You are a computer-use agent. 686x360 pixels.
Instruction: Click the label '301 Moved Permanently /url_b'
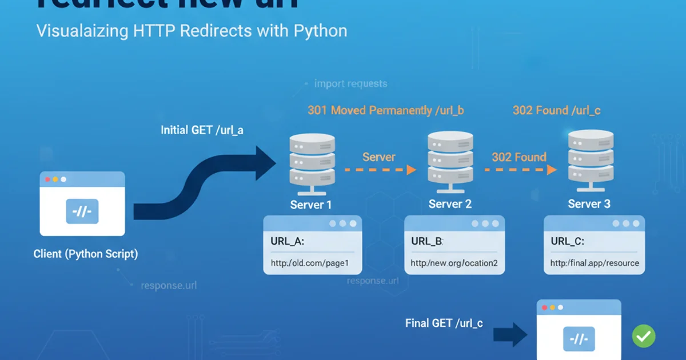[x=386, y=110]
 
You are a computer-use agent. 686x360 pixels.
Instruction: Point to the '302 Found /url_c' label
[x=556, y=110]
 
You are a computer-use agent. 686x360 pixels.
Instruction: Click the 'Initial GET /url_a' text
[x=202, y=130]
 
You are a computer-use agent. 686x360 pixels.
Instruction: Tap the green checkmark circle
[x=644, y=336]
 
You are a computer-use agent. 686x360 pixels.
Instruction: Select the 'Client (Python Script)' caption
[x=86, y=254]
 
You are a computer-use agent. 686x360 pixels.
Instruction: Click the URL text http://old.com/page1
[x=309, y=263]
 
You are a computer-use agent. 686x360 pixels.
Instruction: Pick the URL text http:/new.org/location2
[x=454, y=263]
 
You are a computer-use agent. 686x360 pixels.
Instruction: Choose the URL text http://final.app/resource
[x=595, y=263]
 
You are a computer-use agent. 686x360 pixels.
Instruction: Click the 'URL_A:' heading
[x=288, y=241]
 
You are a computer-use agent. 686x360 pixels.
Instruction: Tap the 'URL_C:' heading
[x=568, y=241]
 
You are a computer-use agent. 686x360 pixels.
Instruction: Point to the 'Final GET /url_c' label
[x=444, y=323]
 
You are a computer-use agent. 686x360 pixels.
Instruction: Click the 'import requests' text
[x=350, y=84]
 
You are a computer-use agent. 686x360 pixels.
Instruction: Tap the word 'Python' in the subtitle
[x=320, y=30]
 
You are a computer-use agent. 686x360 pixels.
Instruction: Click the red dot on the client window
[x=47, y=179]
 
